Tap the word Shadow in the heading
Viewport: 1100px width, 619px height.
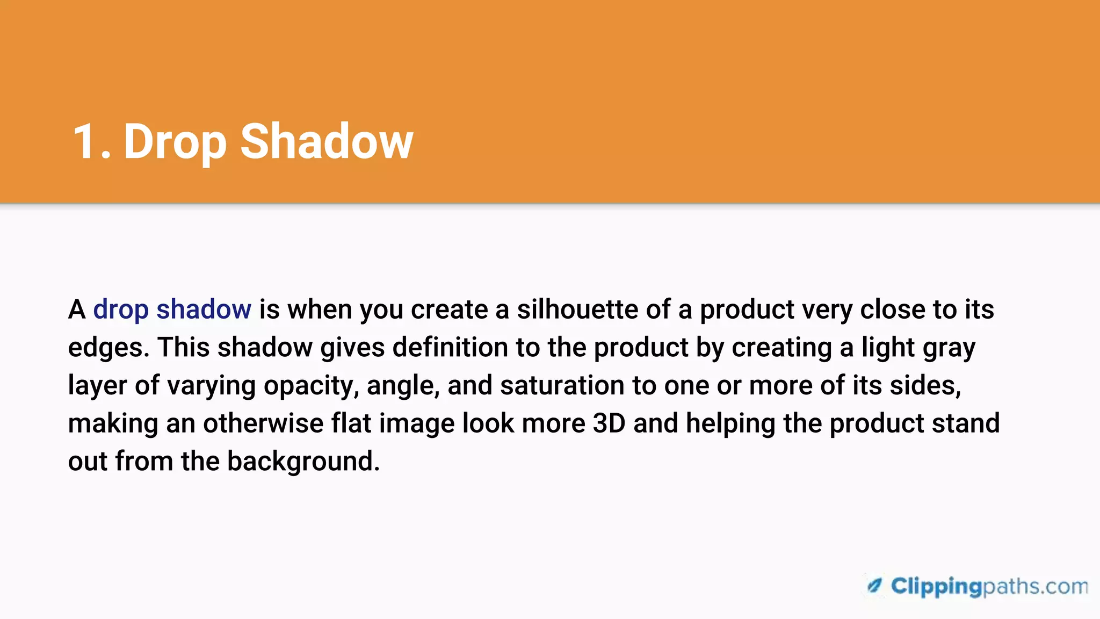(x=327, y=142)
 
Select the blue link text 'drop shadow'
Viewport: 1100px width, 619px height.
(x=172, y=310)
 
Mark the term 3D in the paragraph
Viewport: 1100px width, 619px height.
(x=609, y=423)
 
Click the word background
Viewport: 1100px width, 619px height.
(x=303, y=462)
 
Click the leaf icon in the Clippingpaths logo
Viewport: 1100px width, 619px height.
(x=875, y=585)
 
